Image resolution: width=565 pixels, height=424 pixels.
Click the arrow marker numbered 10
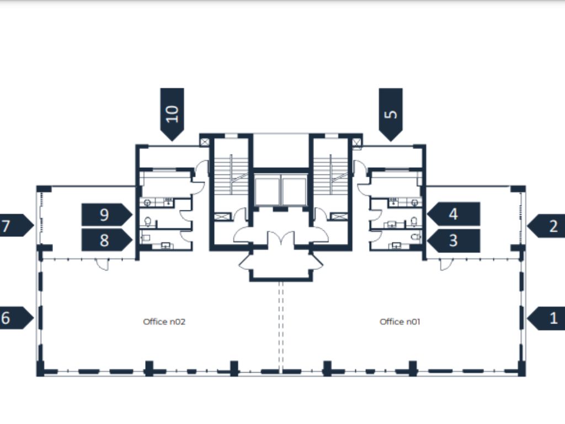172,113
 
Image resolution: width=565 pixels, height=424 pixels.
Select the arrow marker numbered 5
391,114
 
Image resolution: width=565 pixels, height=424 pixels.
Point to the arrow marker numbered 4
453,214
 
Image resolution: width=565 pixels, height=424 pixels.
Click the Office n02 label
164,321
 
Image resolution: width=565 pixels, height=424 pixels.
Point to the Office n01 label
400,321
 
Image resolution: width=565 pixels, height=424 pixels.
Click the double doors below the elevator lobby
281,239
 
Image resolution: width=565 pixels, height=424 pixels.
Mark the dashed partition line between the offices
280,326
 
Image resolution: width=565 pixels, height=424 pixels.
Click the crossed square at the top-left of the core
205,142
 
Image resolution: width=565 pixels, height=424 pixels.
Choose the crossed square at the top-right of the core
356,142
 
